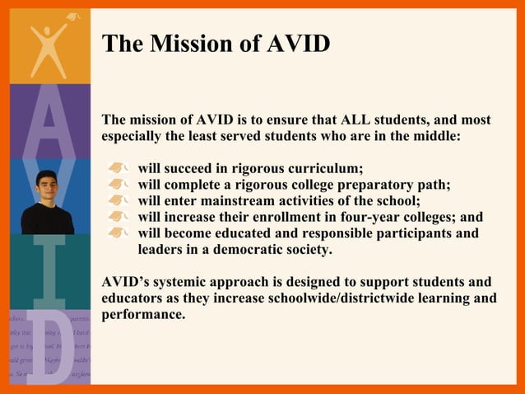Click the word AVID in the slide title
(x=299, y=43)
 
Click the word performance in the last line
(x=143, y=314)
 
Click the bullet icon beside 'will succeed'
(x=120, y=168)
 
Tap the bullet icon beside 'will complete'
(x=120, y=185)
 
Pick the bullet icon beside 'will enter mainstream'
(x=120, y=201)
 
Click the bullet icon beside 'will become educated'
(x=120, y=233)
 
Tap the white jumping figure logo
(x=49, y=45)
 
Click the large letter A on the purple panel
(x=49, y=124)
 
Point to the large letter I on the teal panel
(x=49, y=272)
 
